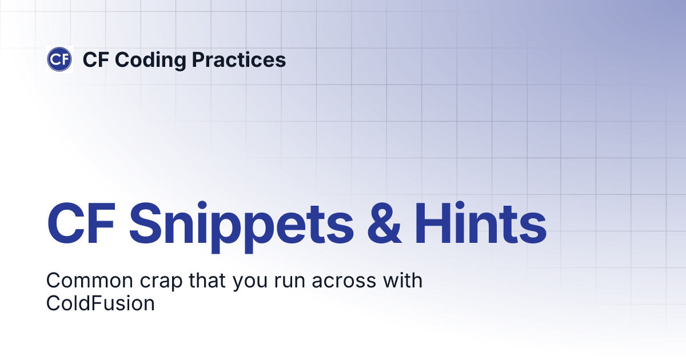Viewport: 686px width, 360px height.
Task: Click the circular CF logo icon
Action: coord(59,59)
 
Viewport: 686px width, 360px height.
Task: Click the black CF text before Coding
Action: coord(95,59)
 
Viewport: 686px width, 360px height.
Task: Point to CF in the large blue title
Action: coord(81,223)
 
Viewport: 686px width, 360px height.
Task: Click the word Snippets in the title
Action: coord(241,223)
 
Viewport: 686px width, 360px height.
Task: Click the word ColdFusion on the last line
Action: coord(101,303)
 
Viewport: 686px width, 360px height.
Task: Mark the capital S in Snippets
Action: coord(146,223)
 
